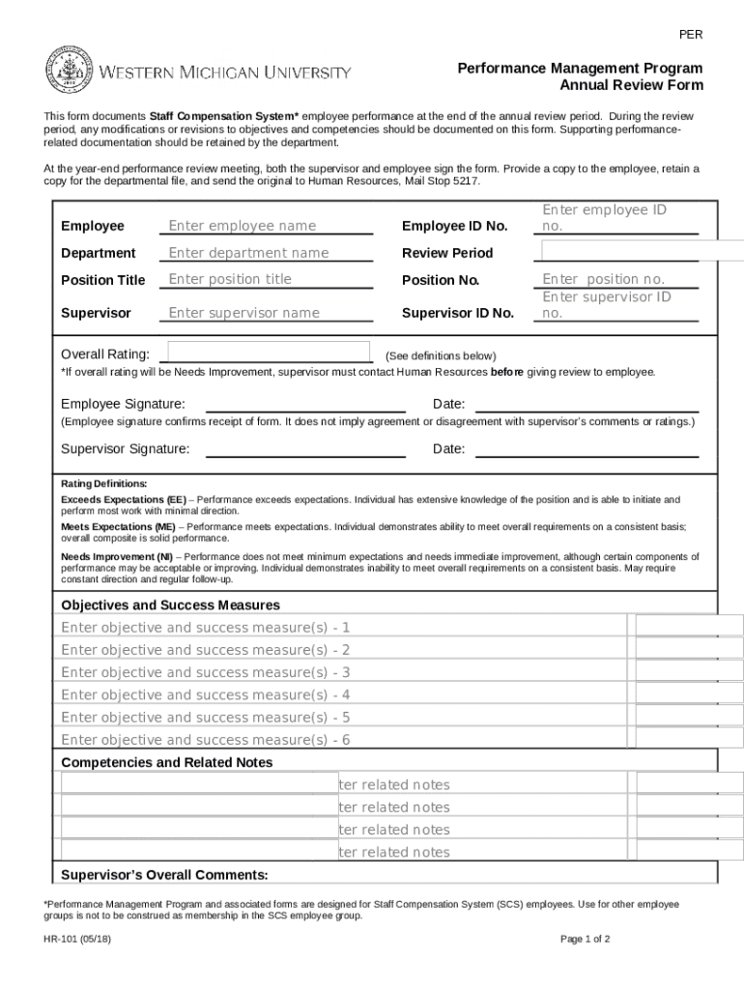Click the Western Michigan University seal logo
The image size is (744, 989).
tap(66, 72)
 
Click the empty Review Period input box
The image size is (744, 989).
tap(642, 251)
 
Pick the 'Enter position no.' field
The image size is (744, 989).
tap(618, 279)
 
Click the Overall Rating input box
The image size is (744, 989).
tap(270, 353)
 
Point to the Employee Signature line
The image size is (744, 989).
tap(305, 405)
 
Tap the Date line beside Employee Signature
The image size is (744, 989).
tap(587, 405)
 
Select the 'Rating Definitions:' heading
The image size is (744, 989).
tap(104, 483)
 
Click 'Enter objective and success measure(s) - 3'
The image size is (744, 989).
tap(205, 672)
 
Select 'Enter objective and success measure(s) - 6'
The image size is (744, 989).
tap(205, 740)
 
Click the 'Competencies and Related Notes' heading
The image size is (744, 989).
tap(166, 762)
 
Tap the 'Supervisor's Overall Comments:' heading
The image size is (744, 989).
tap(164, 875)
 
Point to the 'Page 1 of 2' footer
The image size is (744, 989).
tap(585, 939)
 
